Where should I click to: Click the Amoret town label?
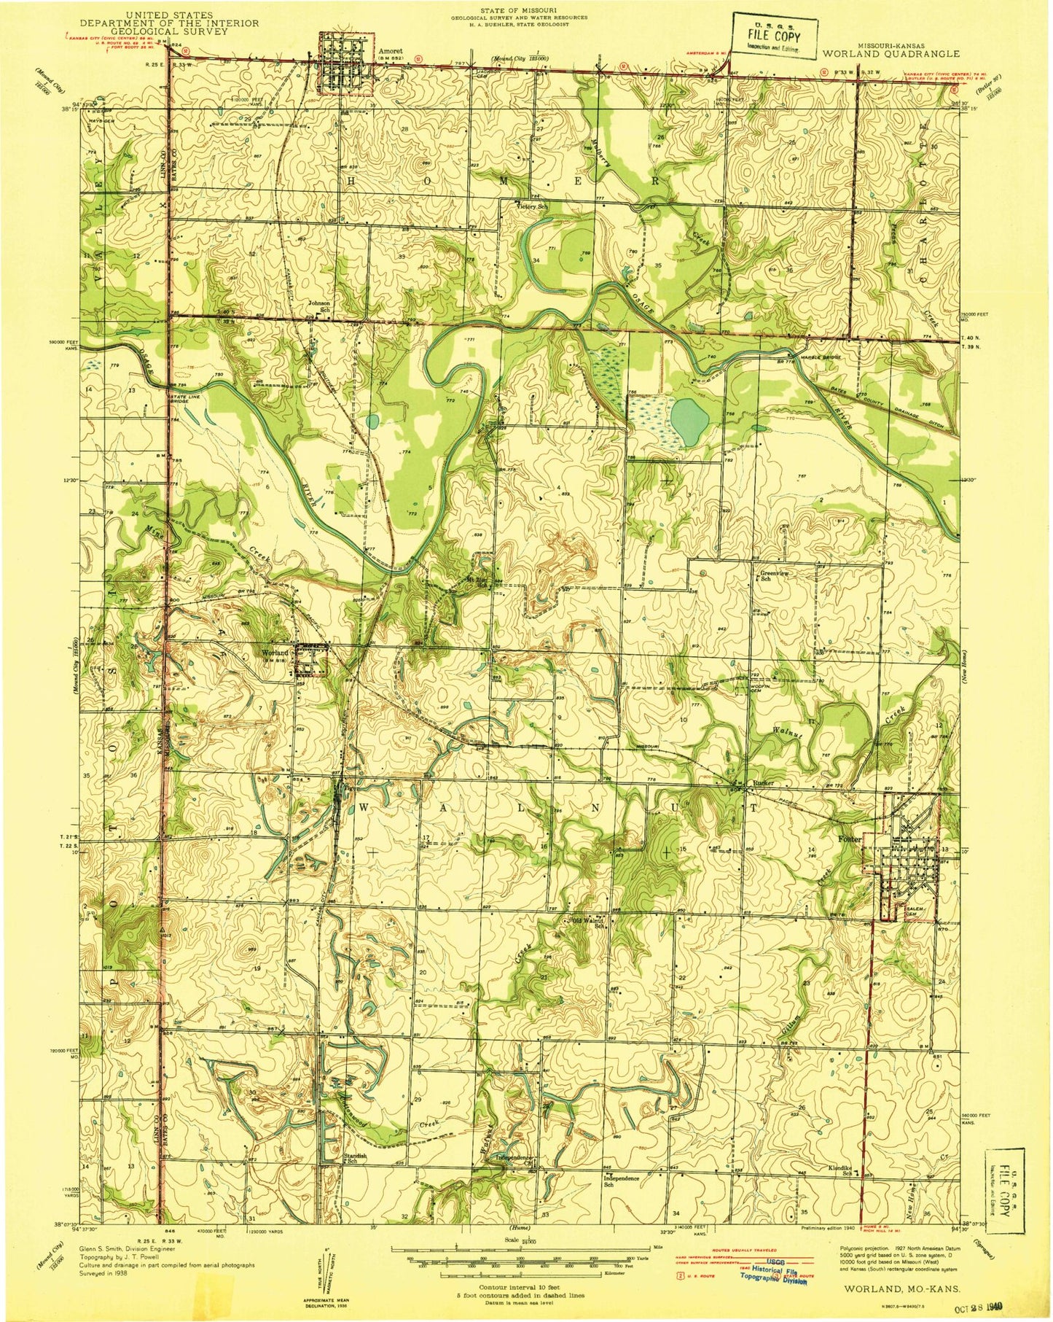click(x=391, y=51)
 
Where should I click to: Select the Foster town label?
click(x=872, y=839)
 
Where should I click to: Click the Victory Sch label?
click(x=532, y=206)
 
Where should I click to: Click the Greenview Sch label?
click(x=775, y=576)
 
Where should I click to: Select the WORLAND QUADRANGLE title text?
click(x=909, y=53)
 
